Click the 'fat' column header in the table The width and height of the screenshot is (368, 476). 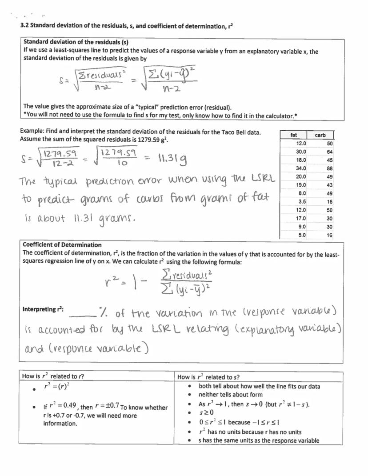(293, 135)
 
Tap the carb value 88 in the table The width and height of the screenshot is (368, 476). (329, 168)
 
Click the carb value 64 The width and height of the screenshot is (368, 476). (329, 152)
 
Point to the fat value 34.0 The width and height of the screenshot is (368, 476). (300, 168)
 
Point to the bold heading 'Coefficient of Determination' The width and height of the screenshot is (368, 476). (62, 245)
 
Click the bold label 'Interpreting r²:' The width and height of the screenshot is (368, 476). (43, 309)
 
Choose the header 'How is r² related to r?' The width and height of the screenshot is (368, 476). (53, 376)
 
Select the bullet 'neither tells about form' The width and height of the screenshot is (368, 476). (230, 395)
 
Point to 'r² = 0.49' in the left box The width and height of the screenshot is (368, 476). (59, 407)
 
